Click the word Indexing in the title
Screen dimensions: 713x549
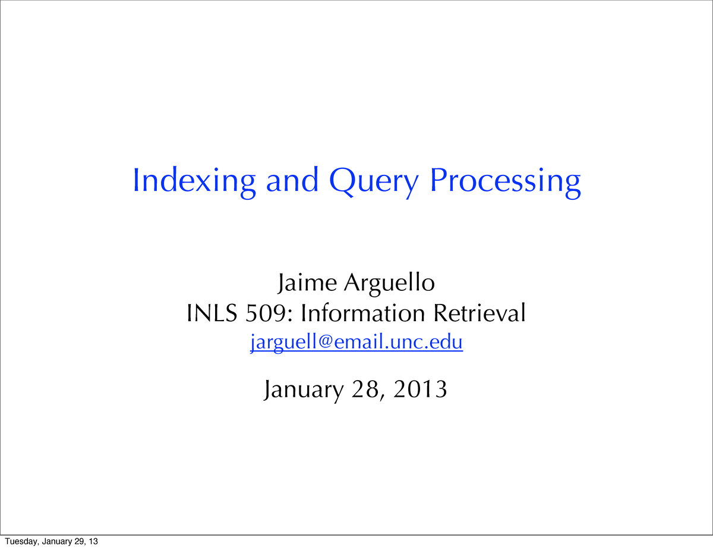coord(194,183)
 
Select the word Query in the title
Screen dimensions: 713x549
coord(374,183)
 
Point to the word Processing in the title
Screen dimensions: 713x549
coord(505,183)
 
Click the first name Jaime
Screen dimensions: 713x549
coord(307,283)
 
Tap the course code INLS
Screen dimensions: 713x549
coord(212,313)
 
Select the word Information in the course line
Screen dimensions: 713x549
coord(363,313)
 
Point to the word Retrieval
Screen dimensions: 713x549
coord(479,313)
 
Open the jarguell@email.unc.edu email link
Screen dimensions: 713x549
coord(356,343)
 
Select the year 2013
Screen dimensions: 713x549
coord(420,389)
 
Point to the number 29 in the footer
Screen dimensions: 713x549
coord(79,541)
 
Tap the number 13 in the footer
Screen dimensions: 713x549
coord(93,541)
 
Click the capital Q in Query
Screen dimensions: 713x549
coord(342,181)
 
